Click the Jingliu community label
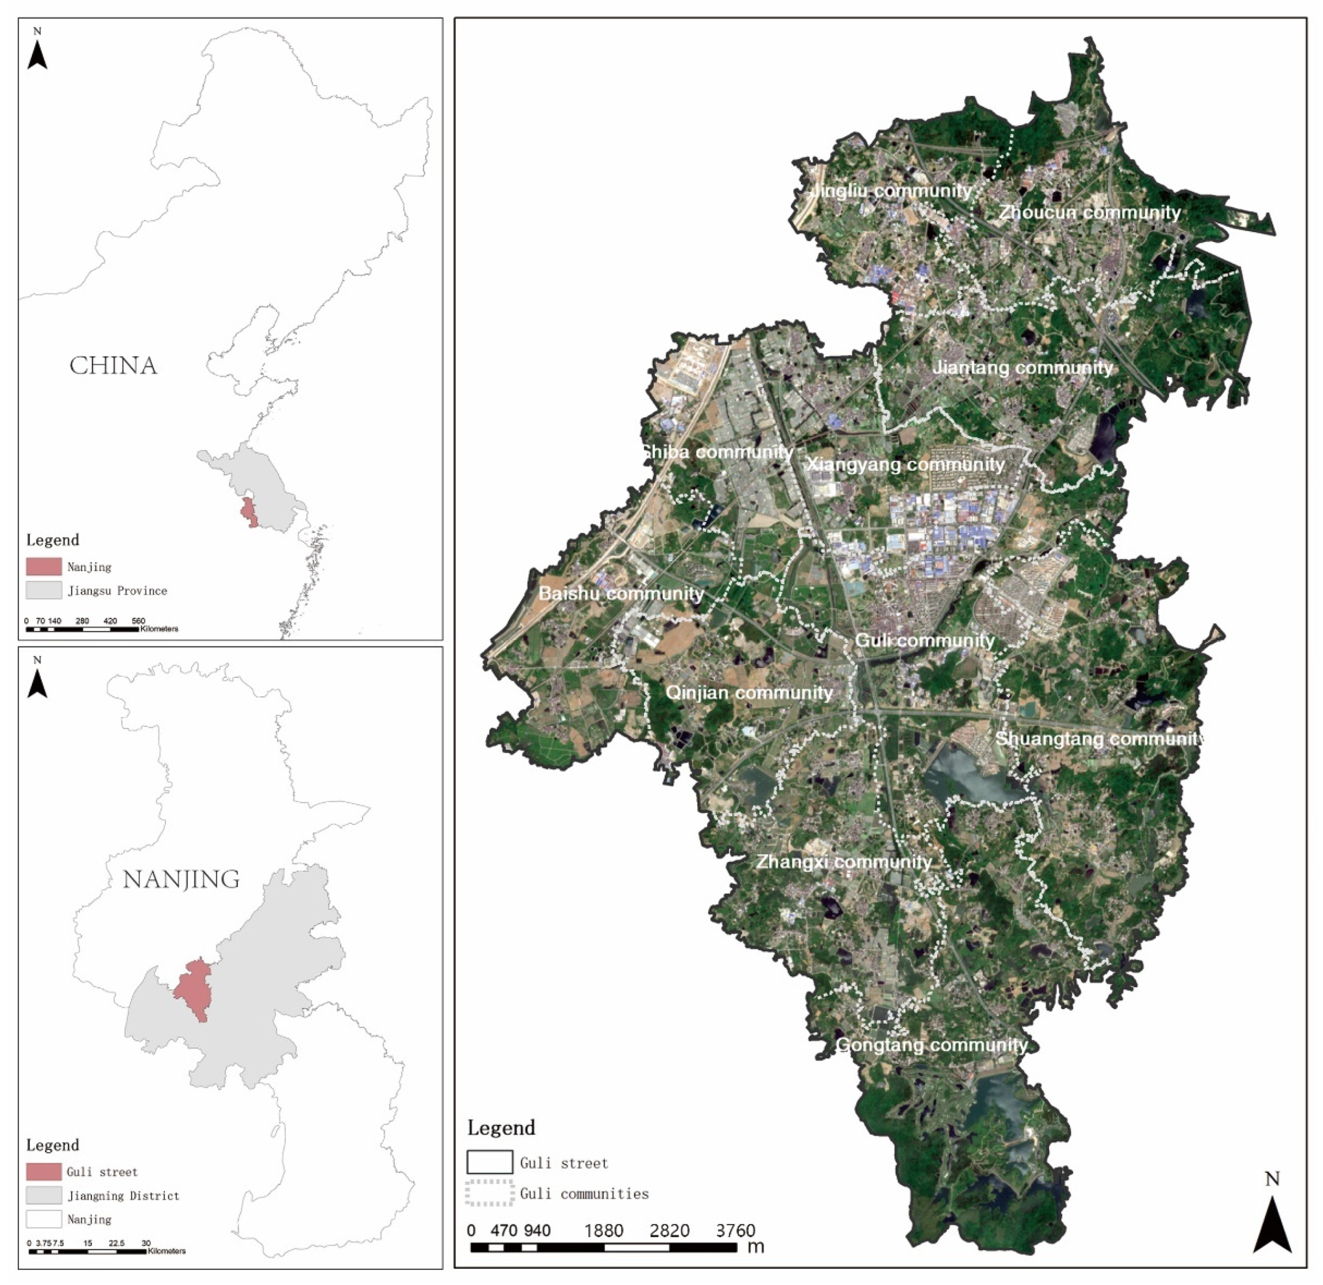pyautogui.click(x=891, y=191)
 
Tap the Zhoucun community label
pyautogui.click(x=1090, y=213)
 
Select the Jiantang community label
pyautogui.click(x=1022, y=368)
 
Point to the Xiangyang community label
pyautogui.click(x=905, y=465)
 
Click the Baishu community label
pyautogui.click(x=621, y=594)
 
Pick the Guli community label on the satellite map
pyautogui.click(x=925, y=640)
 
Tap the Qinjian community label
pyautogui.click(x=749, y=693)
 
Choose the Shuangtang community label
pyautogui.click(x=1099, y=739)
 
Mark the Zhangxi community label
pyautogui.click(x=844, y=862)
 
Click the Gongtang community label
pyautogui.click(x=931, y=1046)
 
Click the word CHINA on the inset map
pyautogui.click(x=113, y=367)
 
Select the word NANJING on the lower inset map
pyautogui.click(x=181, y=880)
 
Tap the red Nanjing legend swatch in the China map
pyautogui.click(x=44, y=567)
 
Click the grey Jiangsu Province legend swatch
pyautogui.click(x=44, y=591)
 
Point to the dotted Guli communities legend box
pyautogui.click(x=489, y=1193)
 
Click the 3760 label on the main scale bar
pyautogui.click(x=735, y=1231)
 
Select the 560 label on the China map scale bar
pyautogui.click(x=139, y=621)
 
